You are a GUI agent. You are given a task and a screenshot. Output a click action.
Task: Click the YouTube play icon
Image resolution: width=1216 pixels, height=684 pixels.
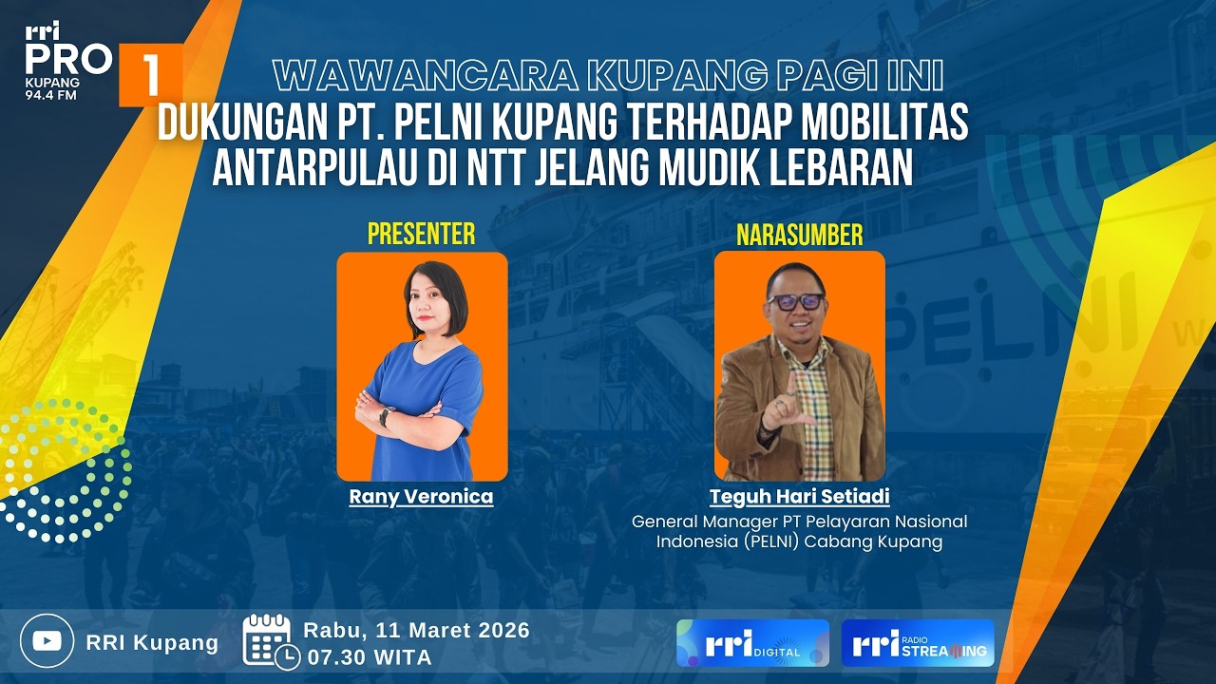coord(47,641)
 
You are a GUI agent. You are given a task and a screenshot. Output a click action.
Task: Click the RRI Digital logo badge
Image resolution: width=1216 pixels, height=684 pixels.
coord(752,643)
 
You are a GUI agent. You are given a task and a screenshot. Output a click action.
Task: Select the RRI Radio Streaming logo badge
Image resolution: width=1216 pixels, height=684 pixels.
coord(918,643)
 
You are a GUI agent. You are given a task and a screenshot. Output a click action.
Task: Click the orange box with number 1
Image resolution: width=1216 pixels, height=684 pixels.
coord(150,75)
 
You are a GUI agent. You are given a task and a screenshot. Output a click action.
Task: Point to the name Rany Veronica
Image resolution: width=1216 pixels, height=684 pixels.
coord(421,496)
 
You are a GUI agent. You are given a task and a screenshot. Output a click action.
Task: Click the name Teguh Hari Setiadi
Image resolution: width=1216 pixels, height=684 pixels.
coord(799,497)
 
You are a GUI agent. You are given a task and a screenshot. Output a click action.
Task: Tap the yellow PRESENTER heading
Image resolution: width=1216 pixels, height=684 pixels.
coord(421,234)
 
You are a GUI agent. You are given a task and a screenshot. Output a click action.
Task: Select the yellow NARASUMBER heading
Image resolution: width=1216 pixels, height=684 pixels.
coord(799,234)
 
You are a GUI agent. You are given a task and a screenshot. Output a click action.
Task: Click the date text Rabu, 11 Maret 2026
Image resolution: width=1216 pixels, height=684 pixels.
coord(416,630)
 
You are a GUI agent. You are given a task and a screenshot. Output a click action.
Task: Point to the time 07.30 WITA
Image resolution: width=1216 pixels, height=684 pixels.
coord(368,656)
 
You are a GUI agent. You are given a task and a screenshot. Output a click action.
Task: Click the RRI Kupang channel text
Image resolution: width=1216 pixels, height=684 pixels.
coord(152,643)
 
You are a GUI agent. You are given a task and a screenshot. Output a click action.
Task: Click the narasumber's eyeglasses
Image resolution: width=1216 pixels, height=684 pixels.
coord(796,301)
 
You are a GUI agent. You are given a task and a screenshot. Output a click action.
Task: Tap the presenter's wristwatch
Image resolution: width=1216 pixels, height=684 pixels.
coord(386,416)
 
